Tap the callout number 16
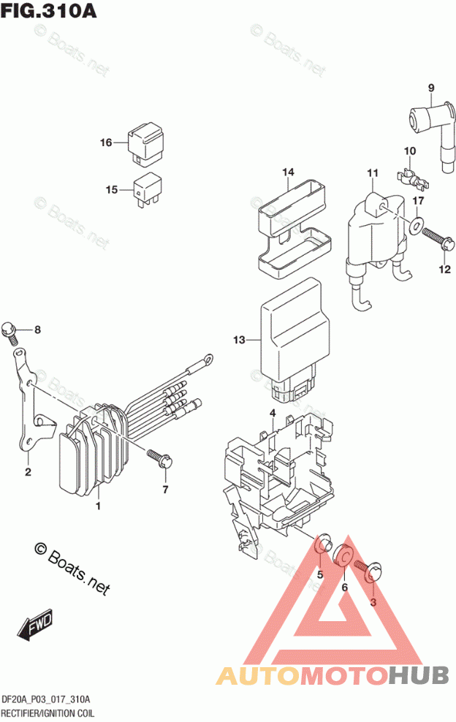107,142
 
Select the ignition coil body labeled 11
376,227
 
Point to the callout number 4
272,414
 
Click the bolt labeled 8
9,330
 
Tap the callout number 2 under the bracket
28,471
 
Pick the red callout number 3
372,602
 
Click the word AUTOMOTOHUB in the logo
333,675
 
